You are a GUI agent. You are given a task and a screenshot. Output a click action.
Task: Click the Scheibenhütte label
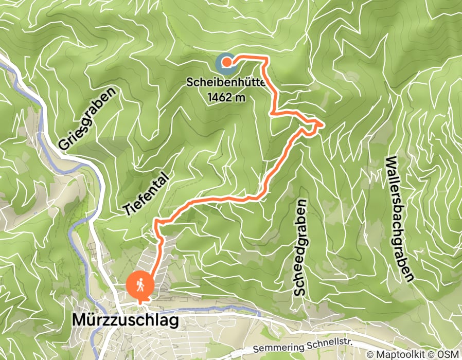coord(226,83)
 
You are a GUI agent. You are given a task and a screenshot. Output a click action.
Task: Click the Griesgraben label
coord(88,119)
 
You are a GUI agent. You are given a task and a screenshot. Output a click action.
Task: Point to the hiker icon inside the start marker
coord(140,284)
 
